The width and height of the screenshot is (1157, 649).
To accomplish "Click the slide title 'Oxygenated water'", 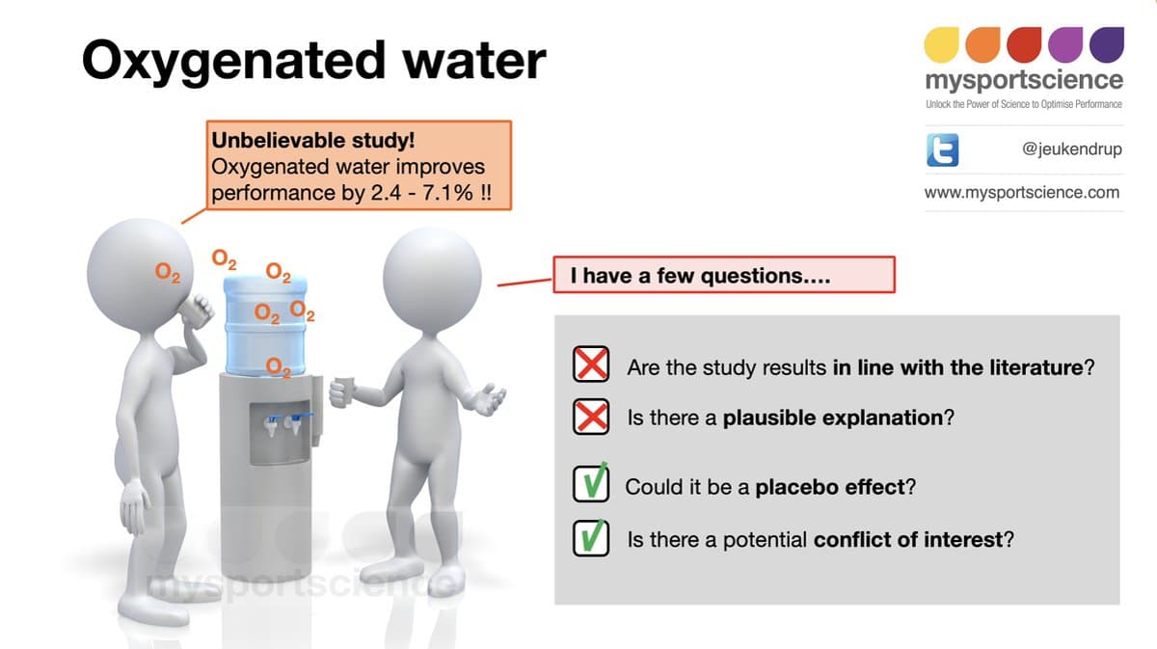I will (x=313, y=60).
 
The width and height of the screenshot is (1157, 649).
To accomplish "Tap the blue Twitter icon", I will (x=941, y=150).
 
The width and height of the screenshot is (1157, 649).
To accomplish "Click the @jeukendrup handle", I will (x=1071, y=149).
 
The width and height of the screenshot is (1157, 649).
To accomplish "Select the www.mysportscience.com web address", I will (x=1022, y=192).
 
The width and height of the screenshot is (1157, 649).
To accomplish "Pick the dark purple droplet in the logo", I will (x=1106, y=43).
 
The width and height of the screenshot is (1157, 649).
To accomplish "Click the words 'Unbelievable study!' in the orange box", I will (x=312, y=141).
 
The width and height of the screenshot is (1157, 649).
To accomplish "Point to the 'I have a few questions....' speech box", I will (x=723, y=276).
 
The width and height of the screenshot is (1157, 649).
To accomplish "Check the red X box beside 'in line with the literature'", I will (x=591, y=365).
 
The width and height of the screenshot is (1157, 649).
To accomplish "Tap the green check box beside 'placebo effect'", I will (x=591, y=486).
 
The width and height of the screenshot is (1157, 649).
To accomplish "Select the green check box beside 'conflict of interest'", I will (x=591, y=538).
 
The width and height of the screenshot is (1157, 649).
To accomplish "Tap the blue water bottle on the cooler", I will (x=265, y=323).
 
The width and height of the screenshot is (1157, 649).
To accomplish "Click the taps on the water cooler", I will (x=284, y=424).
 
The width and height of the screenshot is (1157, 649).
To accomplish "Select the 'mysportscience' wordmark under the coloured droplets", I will (x=1023, y=79).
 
